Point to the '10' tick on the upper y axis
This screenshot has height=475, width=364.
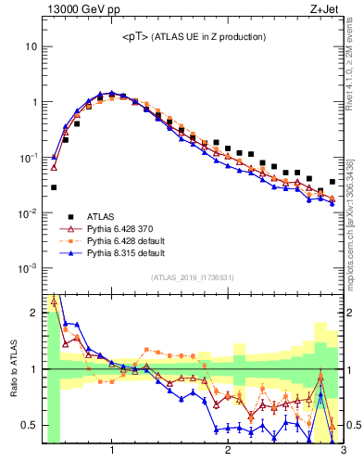point(31,46)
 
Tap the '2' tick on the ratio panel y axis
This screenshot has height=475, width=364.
point(33,313)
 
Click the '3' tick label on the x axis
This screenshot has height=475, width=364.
point(343,452)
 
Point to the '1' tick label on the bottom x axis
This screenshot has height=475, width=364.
point(112,452)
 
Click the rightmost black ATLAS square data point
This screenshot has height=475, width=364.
point(333,182)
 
